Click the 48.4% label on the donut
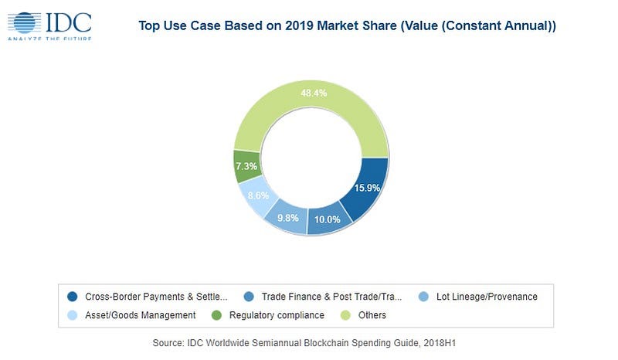click(x=313, y=93)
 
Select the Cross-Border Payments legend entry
click(x=154, y=296)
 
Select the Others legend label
click(x=372, y=315)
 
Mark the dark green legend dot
click(x=216, y=315)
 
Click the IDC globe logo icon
click(x=26, y=22)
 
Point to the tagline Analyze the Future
click(x=50, y=39)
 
